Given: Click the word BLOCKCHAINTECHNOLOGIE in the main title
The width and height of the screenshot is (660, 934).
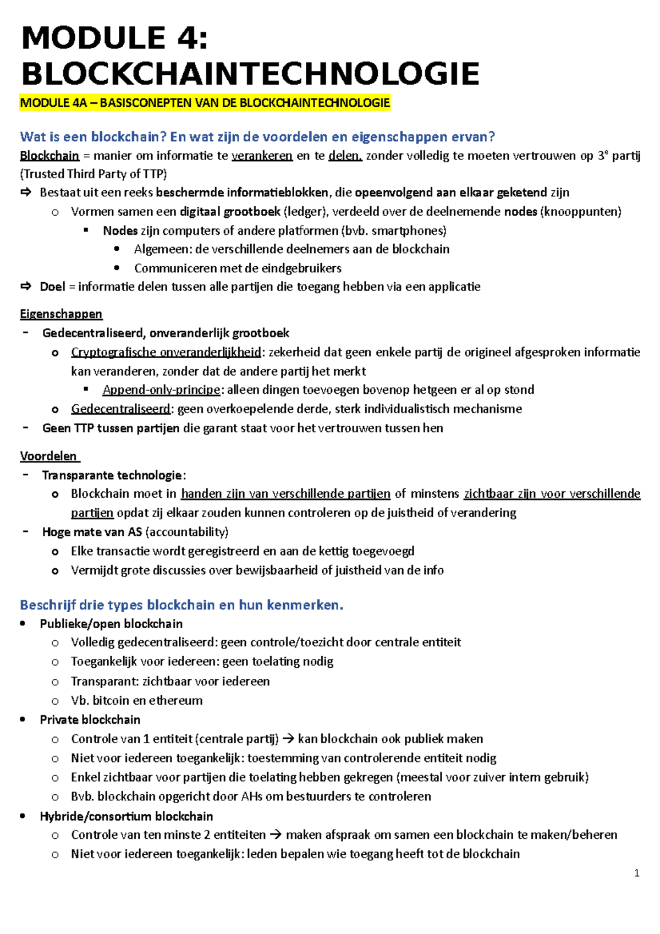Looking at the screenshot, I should point(250,74).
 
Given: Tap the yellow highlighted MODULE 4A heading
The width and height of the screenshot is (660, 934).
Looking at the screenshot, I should point(205,103).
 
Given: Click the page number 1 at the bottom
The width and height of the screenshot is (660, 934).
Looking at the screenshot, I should point(636,873).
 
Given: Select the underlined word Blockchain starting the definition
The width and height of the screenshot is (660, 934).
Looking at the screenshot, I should point(50,156).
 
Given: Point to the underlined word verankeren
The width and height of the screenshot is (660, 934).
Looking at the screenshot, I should point(262,156).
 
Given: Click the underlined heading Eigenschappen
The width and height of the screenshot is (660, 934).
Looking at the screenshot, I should point(61,314).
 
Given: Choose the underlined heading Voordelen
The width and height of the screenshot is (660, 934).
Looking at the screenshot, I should point(50,456).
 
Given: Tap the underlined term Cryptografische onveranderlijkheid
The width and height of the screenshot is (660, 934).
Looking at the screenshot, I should point(166,352).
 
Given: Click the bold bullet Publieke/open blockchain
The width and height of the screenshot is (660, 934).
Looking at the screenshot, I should point(111,624).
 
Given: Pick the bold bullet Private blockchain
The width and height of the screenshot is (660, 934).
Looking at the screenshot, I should point(90,719).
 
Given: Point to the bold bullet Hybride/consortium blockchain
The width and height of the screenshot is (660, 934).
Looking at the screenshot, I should point(126,816).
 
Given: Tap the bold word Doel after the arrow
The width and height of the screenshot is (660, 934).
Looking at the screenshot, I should point(52,287).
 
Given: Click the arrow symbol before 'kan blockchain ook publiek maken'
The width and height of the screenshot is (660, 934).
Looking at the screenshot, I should point(288,739).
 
